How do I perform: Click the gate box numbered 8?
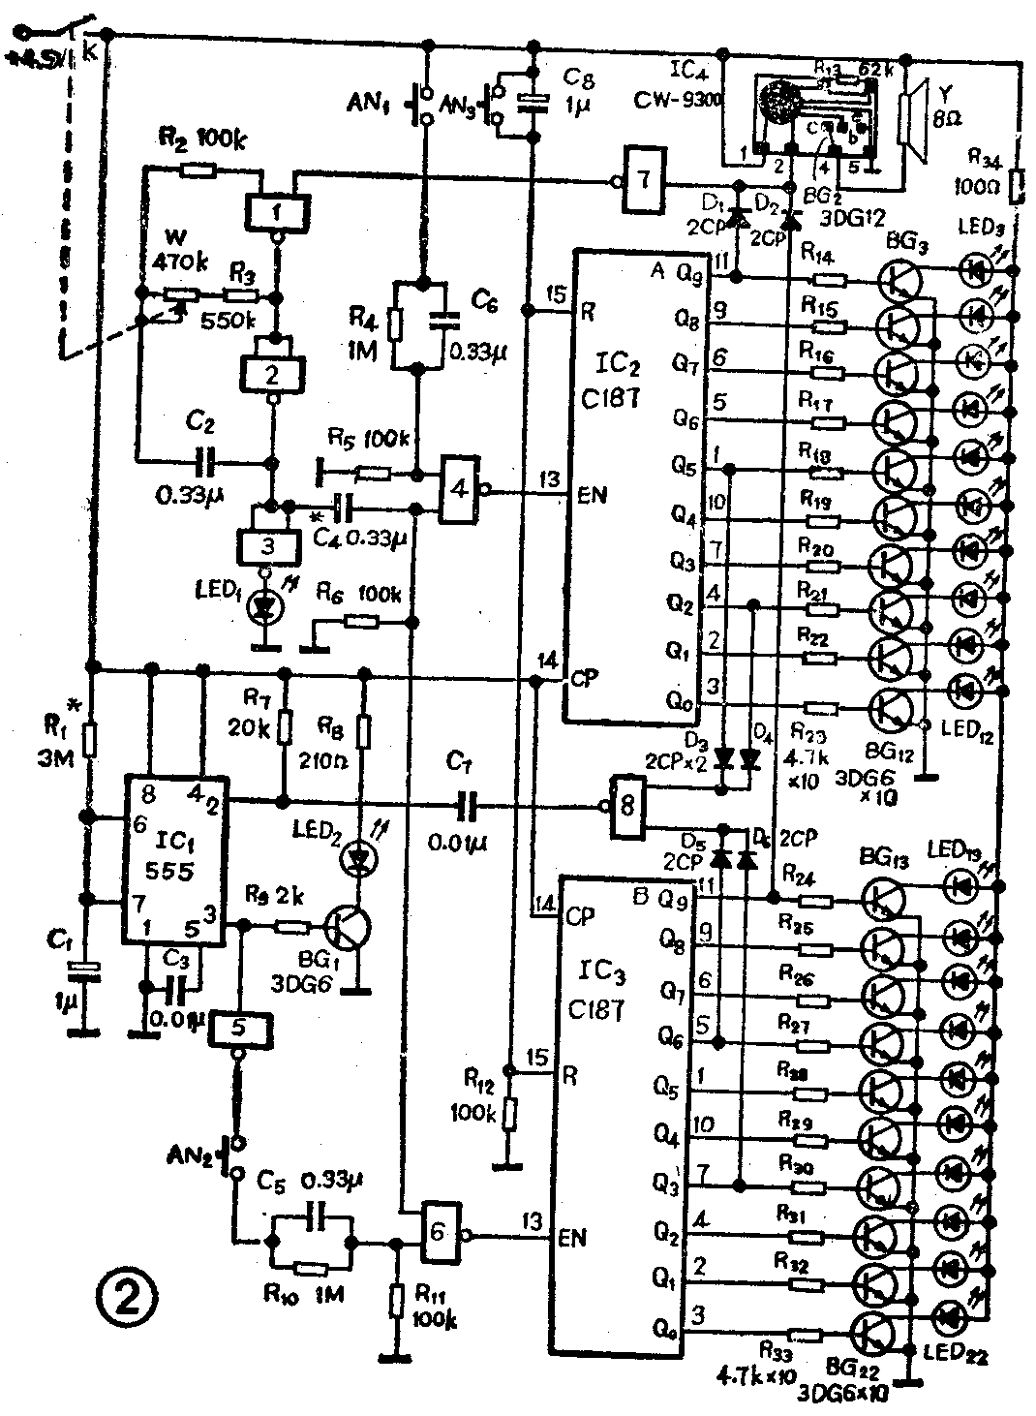628,806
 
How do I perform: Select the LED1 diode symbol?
260,607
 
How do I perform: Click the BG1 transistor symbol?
345,927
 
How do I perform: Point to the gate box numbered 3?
267,546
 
